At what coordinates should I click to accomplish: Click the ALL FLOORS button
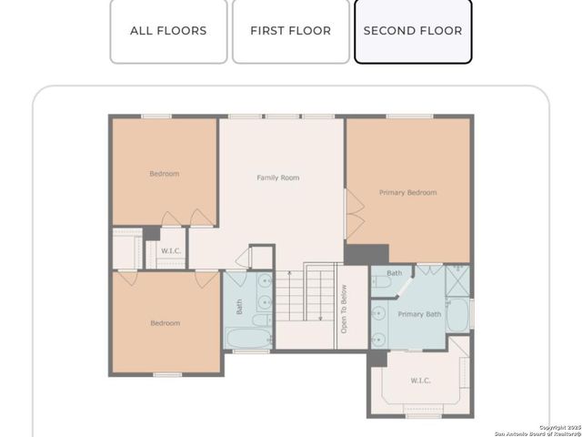(168, 31)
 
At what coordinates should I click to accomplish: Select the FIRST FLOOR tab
(290, 31)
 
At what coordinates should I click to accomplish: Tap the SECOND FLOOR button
(412, 31)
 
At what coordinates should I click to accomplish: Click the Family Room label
(277, 178)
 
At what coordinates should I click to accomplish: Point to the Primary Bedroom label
(407, 193)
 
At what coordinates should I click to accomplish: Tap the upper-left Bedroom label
(165, 174)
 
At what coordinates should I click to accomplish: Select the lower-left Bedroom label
(165, 323)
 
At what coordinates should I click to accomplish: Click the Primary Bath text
(420, 314)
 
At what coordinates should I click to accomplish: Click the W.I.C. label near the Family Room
(171, 251)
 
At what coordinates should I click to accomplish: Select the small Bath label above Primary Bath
(395, 273)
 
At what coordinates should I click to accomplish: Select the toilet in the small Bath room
(381, 282)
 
